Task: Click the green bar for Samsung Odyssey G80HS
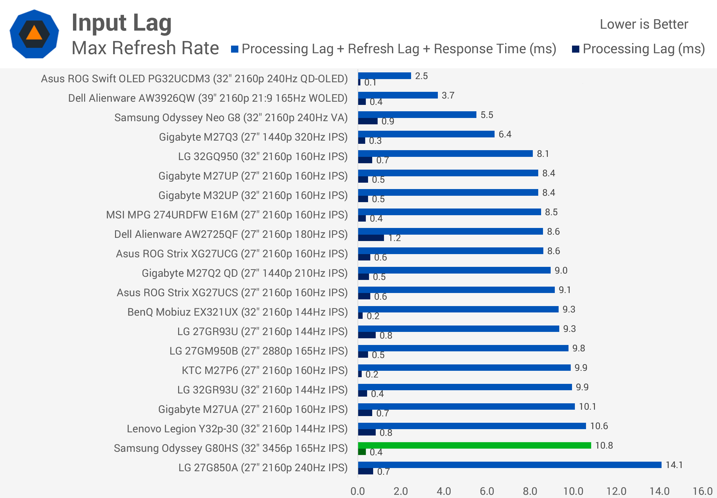pos(474,445)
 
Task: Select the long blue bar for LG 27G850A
pos(510,465)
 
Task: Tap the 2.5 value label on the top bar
pos(421,76)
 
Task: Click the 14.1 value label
pos(674,465)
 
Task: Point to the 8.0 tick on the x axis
pos(530,491)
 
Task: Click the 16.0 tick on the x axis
pos(703,491)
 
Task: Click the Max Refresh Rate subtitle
pos(145,48)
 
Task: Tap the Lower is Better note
pos(644,24)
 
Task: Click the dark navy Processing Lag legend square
pos(576,49)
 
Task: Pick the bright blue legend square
pos(235,49)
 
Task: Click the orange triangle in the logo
pos(34,33)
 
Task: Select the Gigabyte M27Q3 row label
pos(253,137)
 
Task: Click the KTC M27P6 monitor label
pos(265,370)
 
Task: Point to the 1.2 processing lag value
pos(395,238)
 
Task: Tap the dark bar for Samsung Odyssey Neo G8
pos(368,121)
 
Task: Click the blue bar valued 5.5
pos(417,114)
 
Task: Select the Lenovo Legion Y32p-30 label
pos(237,429)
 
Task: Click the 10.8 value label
pos(604,445)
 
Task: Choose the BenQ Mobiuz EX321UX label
pos(238,312)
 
